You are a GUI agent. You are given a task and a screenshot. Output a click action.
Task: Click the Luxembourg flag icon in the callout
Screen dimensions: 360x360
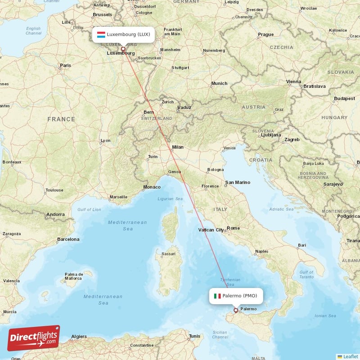[x=101, y=35]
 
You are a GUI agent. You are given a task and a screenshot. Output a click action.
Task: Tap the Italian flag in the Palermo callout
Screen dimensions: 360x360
[x=217, y=296]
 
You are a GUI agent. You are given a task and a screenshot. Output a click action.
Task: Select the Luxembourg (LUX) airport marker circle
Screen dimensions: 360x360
[x=123, y=49]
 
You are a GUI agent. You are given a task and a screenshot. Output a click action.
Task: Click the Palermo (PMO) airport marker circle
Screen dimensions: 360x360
[x=235, y=310]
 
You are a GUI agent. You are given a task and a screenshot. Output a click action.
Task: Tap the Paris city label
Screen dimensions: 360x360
[x=66, y=66]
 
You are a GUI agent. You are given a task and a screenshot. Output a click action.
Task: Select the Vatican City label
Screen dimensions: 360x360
[x=211, y=230]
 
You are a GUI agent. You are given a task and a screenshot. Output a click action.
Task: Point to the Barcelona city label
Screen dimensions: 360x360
[x=68, y=239]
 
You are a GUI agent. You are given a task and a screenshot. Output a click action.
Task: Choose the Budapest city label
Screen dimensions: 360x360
[x=345, y=99]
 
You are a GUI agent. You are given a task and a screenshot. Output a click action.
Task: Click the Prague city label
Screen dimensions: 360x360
[x=266, y=35]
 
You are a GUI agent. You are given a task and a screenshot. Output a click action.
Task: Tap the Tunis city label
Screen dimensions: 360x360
[x=195, y=336]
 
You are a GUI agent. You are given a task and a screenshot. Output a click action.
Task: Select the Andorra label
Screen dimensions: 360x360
[x=56, y=215]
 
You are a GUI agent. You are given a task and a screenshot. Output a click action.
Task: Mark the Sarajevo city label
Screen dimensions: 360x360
[x=333, y=184]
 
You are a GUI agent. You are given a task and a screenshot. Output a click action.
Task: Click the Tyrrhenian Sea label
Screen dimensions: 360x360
[x=230, y=282]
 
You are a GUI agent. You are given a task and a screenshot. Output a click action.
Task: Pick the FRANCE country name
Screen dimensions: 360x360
[x=61, y=119]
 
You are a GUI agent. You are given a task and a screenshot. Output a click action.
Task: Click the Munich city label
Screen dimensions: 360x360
[x=219, y=83]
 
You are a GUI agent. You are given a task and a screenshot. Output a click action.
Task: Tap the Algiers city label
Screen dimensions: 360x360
[x=79, y=336]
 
